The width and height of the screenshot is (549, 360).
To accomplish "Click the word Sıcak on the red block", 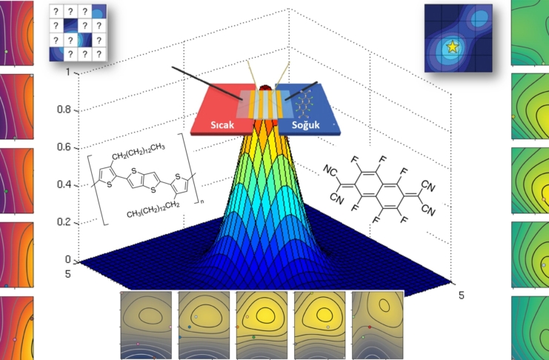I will coord(220,125).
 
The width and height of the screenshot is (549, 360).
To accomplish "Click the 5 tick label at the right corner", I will coord(461,294).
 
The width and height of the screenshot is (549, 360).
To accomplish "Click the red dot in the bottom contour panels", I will coord(369,327).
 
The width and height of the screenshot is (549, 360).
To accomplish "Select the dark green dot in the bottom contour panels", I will coord(254,337).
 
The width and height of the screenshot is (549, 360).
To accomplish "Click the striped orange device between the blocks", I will coord(264,104).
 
